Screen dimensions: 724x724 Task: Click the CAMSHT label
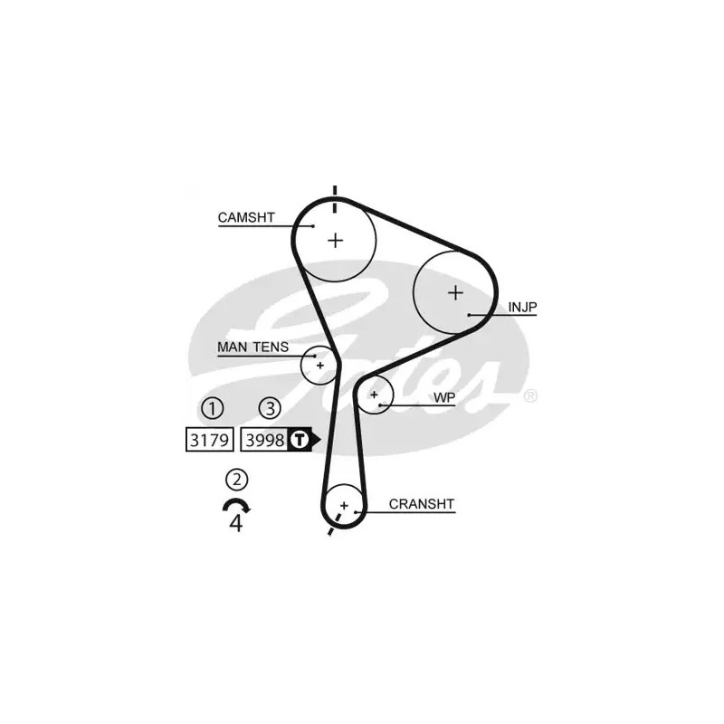(x=246, y=217)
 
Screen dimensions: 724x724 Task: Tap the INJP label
(x=522, y=307)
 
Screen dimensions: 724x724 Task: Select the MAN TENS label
(x=252, y=347)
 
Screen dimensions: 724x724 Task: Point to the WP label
(x=444, y=397)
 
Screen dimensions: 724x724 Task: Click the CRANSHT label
(x=422, y=504)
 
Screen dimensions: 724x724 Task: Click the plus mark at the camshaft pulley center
(x=336, y=241)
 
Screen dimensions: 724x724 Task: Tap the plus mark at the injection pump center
(x=455, y=292)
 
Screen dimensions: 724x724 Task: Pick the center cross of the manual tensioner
(x=320, y=366)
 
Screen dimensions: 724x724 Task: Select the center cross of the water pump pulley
(x=374, y=395)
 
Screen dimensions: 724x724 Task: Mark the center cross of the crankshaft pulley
(x=344, y=505)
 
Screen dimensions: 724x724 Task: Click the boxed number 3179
(x=210, y=440)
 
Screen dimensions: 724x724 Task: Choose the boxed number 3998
(x=264, y=440)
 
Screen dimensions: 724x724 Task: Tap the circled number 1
(x=213, y=408)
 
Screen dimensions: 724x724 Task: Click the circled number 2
(x=237, y=480)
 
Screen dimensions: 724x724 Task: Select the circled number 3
(x=270, y=408)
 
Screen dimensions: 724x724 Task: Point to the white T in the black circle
(x=300, y=440)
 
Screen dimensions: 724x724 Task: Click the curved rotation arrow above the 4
(x=236, y=500)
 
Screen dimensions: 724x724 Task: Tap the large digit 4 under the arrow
(x=236, y=523)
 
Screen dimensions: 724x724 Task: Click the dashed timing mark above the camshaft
(x=335, y=199)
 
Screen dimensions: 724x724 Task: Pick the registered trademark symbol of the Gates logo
(x=530, y=395)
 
